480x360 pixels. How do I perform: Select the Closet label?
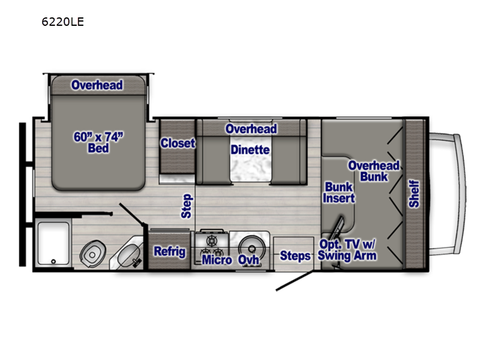pos(178,143)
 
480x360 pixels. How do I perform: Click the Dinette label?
pos(250,149)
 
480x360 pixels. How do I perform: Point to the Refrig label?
pos(170,251)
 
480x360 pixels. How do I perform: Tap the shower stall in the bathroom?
pos(53,243)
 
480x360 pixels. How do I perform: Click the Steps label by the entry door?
pos(295,256)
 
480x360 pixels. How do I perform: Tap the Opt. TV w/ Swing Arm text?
pos(348,250)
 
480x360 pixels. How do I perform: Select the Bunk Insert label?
pos(339,192)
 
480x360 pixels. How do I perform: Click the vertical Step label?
pos(187,206)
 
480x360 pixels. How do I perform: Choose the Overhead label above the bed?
pos(97,85)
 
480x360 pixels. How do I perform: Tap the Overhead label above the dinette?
pos(251,129)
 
